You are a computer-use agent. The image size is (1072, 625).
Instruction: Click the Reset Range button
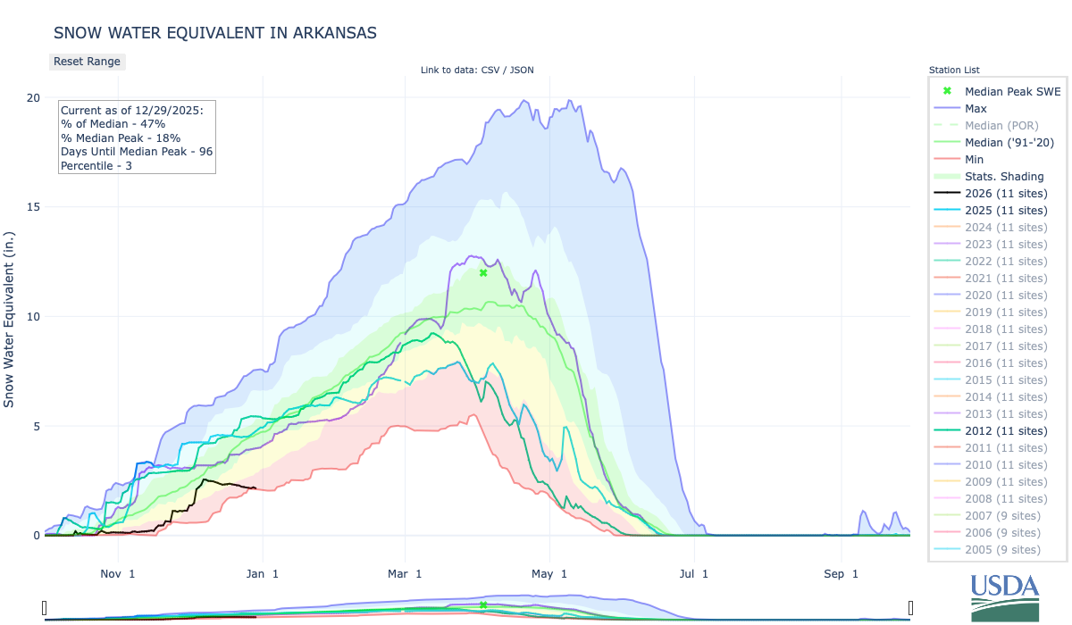[x=87, y=62]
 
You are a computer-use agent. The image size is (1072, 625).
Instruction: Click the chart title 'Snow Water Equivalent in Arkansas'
[x=215, y=33]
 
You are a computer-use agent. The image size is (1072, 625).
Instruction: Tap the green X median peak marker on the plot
[x=483, y=272]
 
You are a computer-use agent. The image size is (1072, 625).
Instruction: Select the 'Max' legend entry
[x=976, y=108]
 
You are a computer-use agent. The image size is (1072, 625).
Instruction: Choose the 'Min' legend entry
[x=975, y=159]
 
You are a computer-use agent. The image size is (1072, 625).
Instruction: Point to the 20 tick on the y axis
[x=32, y=97]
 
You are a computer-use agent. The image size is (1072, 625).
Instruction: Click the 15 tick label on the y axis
[x=32, y=207]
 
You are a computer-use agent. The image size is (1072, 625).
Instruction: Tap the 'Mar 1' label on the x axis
[x=405, y=573]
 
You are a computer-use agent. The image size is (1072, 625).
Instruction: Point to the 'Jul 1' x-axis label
[x=692, y=573]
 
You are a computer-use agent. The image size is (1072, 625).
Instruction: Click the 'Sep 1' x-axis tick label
[x=839, y=573]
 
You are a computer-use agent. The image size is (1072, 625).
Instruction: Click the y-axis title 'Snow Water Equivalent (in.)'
[x=10, y=316]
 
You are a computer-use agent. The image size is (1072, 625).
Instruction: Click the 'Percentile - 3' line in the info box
[x=96, y=166]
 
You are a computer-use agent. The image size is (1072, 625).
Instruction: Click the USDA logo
[x=1005, y=596]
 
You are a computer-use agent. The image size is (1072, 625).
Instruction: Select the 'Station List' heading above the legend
[x=954, y=70]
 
